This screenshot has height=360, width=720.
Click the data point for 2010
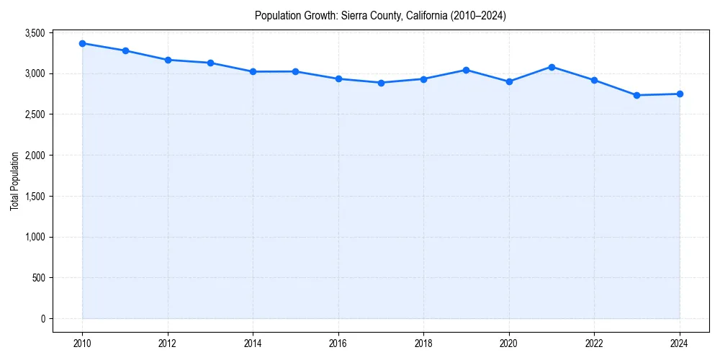tap(83, 43)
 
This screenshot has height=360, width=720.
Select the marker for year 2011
tap(125, 50)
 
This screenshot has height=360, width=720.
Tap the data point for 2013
tap(210, 63)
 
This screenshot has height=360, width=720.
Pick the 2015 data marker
tap(296, 71)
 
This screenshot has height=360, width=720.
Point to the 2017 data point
tap(381, 83)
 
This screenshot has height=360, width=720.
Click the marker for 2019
tap(467, 70)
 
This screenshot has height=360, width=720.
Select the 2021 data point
tap(552, 67)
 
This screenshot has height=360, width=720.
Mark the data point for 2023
tap(637, 95)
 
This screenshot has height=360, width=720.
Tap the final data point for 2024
tap(680, 94)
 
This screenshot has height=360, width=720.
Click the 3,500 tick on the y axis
tap(35, 33)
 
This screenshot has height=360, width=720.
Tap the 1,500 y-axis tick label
tap(35, 197)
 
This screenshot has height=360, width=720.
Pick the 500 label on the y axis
tap(39, 278)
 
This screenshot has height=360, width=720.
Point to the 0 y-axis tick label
tap(43, 319)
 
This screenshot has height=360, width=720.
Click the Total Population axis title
tap(14, 181)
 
